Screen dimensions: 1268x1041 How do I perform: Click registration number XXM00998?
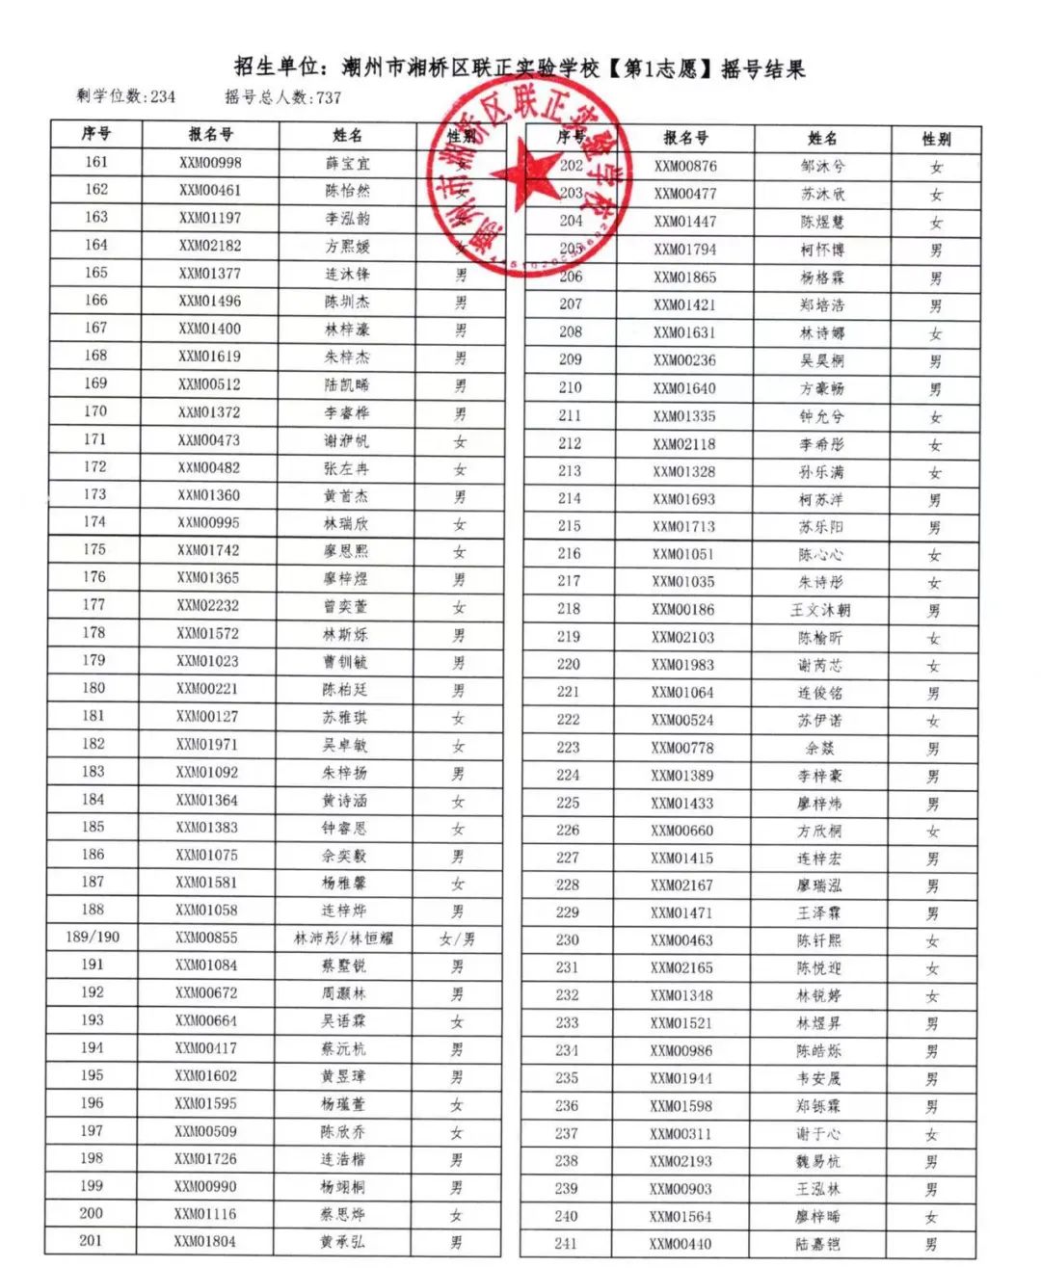pyautogui.click(x=210, y=163)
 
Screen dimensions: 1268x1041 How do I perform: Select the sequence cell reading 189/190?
pyautogui.click(x=93, y=937)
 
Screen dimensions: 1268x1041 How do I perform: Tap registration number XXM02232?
pyautogui.click(x=207, y=605)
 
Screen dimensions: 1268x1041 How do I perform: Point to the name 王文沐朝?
pyautogui.click(x=820, y=610)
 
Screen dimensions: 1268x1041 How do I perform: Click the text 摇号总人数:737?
pyautogui.click(x=283, y=96)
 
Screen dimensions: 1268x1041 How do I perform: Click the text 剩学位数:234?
pyautogui.click(x=126, y=96)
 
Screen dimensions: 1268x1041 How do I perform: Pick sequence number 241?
pyautogui.click(x=566, y=1243)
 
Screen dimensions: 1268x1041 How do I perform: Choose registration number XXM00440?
pyautogui.click(x=681, y=1244)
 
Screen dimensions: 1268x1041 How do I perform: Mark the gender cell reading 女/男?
pyautogui.click(x=457, y=938)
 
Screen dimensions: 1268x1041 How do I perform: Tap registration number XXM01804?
pyautogui.click(x=204, y=1241)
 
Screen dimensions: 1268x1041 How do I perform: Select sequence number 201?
pyautogui.click(x=91, y=1240)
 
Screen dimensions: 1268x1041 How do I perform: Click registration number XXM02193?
pyautogui.click(x=681, y=1161)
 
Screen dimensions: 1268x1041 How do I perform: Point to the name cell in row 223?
pyautogui.click(x=820, y=748)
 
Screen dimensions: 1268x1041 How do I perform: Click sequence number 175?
pyautogui.click(x=94, y=549)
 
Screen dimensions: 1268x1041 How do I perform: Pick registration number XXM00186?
pyautogui.click(x=683, y=609)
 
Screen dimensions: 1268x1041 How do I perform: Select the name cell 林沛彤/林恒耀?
pyautogui.click(x=344, y=938)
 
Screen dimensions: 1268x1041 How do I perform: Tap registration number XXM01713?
pyautogui.click(x=684, y=526)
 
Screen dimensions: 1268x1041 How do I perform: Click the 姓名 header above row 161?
pyautogui.click(x=347, y=135)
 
